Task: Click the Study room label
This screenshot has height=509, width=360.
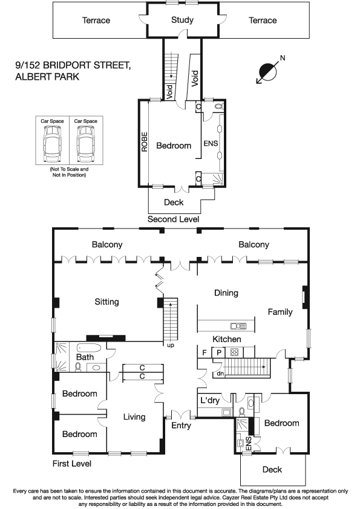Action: point(182,20)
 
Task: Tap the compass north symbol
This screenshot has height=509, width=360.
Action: point(266,71)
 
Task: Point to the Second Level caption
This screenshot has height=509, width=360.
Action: point(173,219)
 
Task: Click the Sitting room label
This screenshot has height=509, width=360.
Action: point(106,302)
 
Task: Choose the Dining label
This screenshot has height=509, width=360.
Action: point(226,293)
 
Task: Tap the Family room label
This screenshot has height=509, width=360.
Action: point(281,312)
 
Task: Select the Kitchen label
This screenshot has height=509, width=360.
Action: point(226,339)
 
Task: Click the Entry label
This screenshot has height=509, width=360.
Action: point(182,426)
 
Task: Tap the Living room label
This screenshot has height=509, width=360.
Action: point(134,417)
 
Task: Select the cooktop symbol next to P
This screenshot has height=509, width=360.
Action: point(234,352)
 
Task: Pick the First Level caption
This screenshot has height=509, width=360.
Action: point(71,464)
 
